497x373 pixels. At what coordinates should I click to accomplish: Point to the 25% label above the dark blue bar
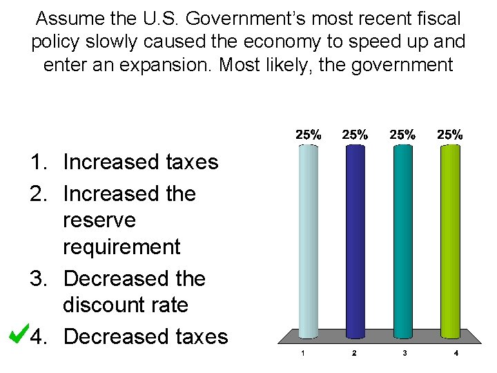coord(355,135)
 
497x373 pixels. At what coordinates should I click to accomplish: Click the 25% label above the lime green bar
coord(450,135)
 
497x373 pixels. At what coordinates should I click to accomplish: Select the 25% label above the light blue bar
coord(308,135)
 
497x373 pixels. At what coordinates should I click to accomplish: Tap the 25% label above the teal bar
coord(402,135)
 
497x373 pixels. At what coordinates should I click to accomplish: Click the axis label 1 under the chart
coord(302,354)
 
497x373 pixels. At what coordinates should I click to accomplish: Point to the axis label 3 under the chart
coord(405,354)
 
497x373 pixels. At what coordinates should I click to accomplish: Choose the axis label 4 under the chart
coord(456,354)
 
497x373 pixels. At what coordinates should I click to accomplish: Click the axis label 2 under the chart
coord(353,354)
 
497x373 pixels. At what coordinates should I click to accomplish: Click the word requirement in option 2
coord(121,247)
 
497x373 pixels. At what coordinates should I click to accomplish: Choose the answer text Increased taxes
coord(140,162)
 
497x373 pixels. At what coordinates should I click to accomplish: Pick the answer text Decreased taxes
coord(145,336)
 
